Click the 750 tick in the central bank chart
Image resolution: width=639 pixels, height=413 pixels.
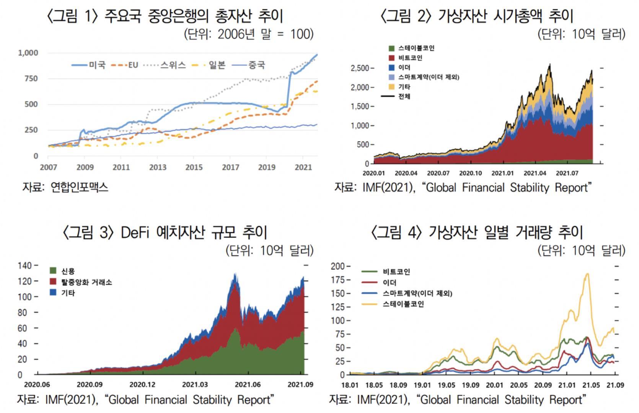31,79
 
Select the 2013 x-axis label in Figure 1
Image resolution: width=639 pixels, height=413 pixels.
158,167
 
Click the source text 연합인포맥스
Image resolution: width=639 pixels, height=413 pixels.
79,187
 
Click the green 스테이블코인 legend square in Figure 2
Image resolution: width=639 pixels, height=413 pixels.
391,48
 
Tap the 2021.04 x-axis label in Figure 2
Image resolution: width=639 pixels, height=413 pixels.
535,173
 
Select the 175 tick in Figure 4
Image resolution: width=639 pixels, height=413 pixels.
338,280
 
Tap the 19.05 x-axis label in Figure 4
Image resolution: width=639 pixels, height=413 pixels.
447,385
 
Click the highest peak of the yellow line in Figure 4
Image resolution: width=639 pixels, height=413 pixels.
587,273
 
